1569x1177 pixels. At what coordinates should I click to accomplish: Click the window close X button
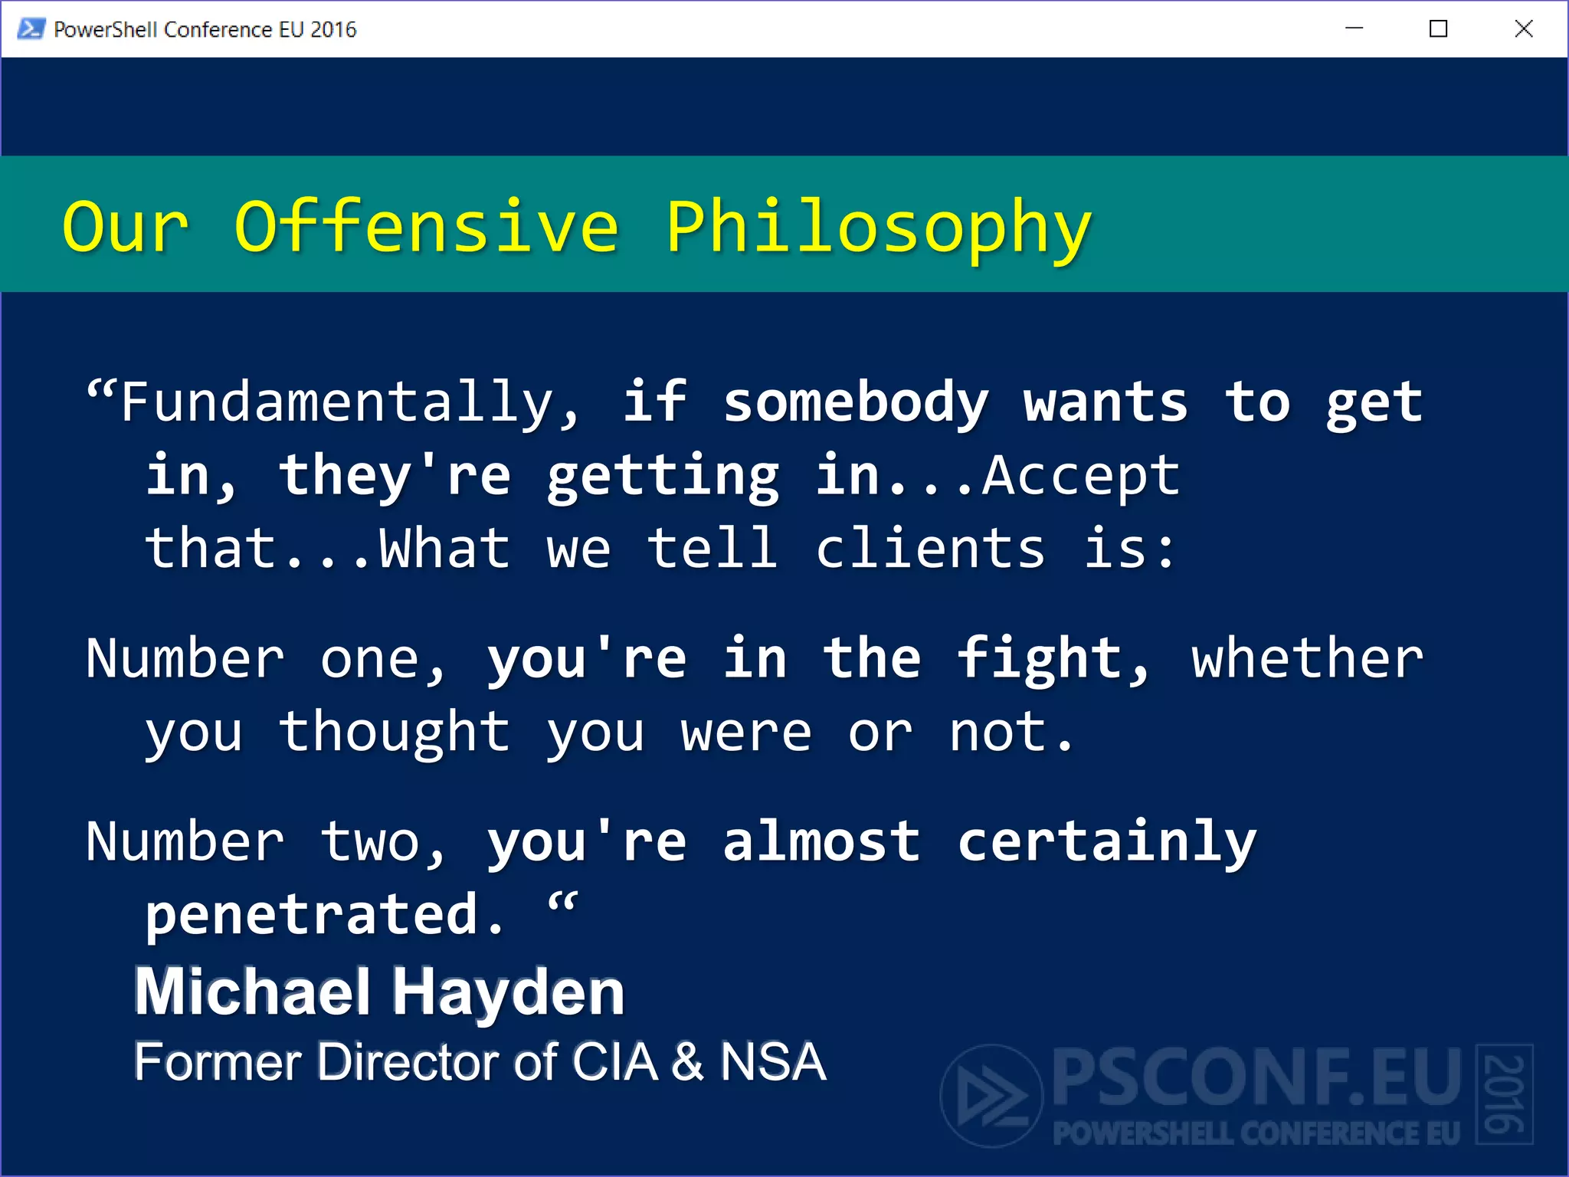[1524, 29]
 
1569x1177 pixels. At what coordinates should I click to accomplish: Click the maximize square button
[1439, 29]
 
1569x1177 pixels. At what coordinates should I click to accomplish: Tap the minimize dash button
[1354, 29]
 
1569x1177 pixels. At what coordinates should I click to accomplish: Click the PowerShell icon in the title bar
[31, 29]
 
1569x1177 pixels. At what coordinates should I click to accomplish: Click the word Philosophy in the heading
[879, 228]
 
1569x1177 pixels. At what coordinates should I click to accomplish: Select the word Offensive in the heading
[426, 228]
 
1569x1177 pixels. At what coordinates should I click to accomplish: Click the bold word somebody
[856, 402]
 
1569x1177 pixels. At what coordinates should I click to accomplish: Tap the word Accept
[1081, 476]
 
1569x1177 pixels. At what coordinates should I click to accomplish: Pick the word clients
[930, 549]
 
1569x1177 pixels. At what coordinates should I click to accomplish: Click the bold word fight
[1051, 659]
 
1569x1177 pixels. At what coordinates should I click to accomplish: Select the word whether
[1307, 659]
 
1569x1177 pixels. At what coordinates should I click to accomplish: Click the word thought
[394, 732]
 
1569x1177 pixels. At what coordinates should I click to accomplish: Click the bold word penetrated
[324, 915]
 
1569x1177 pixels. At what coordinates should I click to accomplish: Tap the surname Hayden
[509, 992]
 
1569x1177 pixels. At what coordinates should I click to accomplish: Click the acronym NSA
[772, 1062]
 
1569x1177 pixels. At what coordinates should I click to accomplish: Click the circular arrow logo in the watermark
[991, 1096]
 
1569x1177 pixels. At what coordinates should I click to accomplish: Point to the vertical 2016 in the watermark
[1504, 1094]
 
